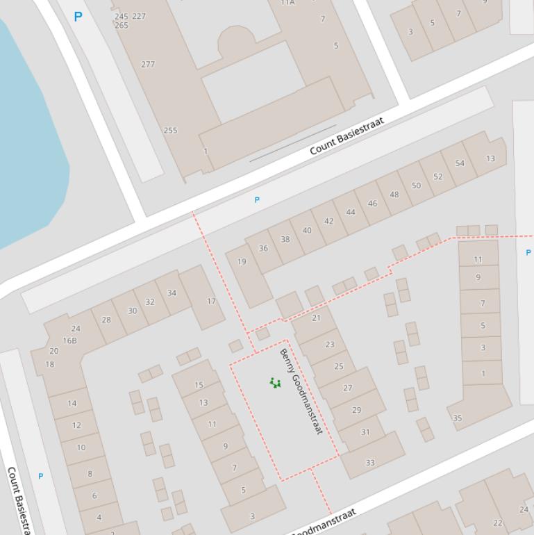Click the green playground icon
(x=275, y=382)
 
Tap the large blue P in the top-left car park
(x=78, y=17)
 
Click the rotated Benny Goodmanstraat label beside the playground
(x=301, y=391)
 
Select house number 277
(x=148, y=64)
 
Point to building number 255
(x=170, y=130)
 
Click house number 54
(x=460, y=163)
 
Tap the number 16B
(x=69, y=340)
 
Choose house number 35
(x=457, y=418)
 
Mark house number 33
(x=370, y=463)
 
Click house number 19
(x=242, y=262)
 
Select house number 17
(x=211, y=302)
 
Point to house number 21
(x=317, y=318)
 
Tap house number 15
(x=199, y=385)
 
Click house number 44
(x=351, y=213)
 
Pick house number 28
(x=106, y=320)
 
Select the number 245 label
(x=122, y=16)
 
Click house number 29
(x=356, y=410)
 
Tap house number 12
(x=76, y=425)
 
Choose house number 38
(x=285, y=240)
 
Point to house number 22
(x=497, y=523)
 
